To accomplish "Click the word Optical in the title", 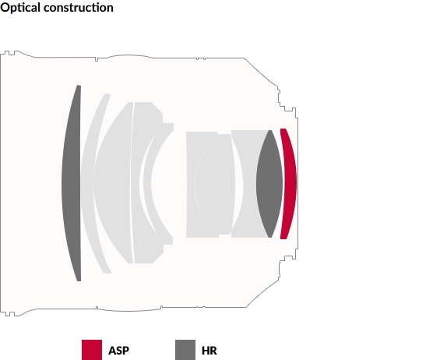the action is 20,8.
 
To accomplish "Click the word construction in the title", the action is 79,8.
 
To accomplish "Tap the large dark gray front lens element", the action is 72,183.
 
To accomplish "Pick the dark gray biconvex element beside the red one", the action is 269,184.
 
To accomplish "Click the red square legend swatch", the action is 92,350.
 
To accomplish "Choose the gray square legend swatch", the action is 185,350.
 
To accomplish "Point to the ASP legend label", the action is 118,351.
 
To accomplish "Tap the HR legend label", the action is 209,351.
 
